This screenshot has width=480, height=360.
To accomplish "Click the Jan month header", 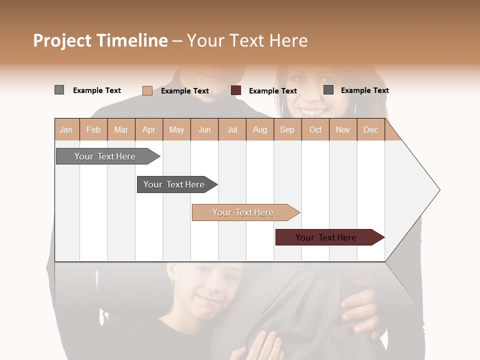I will coord(66,129).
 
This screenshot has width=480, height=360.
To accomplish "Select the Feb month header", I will coord(93,129).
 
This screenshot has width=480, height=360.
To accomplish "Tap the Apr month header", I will coord(148,129).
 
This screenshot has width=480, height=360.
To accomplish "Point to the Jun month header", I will coord(204,129).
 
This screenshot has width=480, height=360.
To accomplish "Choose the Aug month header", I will coord(259,129).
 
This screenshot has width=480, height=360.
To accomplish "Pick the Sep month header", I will coord(287,129).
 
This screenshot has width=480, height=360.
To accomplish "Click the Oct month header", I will coord(315,129).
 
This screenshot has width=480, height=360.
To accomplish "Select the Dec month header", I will coord(370,129).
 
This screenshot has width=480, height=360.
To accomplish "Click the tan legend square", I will coord(147,90).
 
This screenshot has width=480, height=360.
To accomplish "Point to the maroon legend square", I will coord(236,90).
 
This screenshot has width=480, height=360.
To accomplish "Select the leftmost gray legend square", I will coord(59,90).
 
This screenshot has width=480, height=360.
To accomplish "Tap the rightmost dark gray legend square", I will coord(328,90).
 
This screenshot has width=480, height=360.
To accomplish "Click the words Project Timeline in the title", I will coord(100,40).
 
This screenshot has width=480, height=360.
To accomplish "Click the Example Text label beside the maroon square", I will coord(272,91).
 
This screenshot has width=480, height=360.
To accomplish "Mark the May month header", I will coord(176,129).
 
